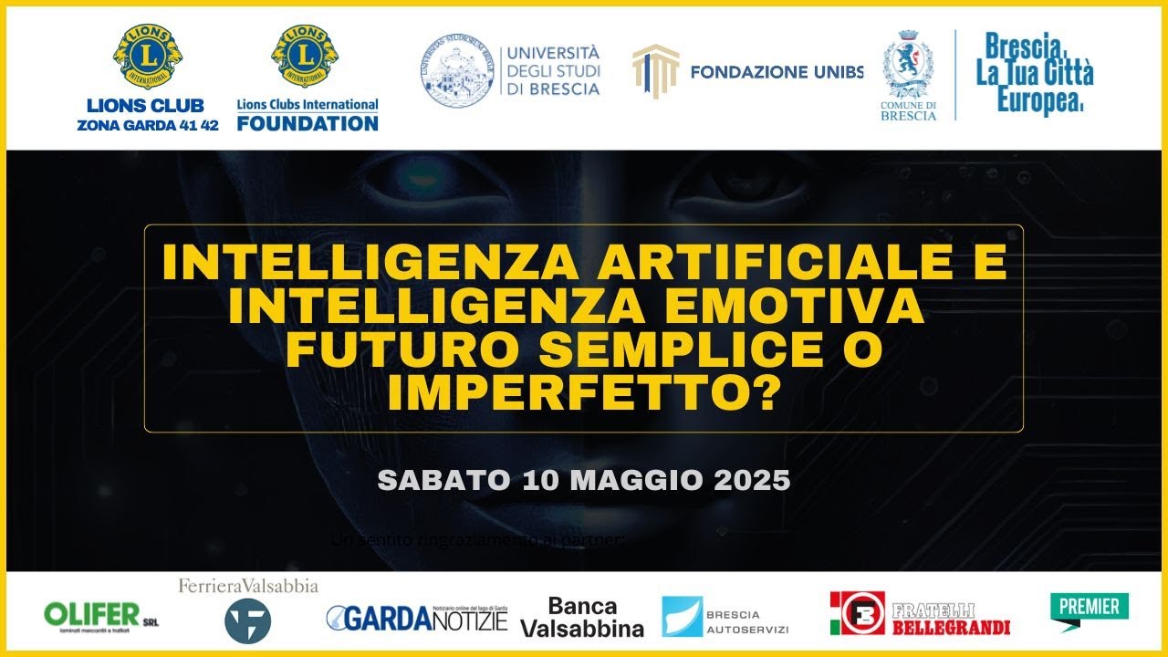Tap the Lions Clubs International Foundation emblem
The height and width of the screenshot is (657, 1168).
[305, 57]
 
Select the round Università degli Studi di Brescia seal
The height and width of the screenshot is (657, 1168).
[457, 70]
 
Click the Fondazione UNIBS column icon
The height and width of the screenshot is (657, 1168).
[655, 70]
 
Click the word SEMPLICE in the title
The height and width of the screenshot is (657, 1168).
[631, 352]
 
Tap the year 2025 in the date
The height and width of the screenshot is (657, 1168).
[753, 481]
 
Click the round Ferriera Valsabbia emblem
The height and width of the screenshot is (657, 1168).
[247, 620]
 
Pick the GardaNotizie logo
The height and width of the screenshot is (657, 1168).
[416, 618]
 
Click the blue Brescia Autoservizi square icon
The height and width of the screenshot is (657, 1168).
[683, 617]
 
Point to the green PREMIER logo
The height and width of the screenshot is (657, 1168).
[1089, 609]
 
